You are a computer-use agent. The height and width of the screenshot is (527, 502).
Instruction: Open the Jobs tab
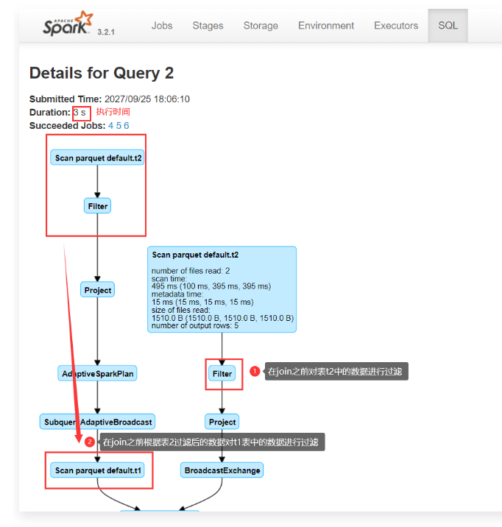[162, 26]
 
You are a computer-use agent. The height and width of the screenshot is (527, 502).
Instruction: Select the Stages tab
[208, 26]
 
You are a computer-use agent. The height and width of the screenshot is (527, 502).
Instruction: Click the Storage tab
[261, 26]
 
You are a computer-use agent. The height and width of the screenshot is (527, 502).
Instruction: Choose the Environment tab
[326, 26]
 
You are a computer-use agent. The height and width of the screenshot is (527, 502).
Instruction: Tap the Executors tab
[396, 26]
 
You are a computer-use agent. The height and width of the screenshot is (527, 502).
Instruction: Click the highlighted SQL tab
[448, 26]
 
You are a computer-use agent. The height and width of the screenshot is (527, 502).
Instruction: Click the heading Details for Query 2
[102, 73]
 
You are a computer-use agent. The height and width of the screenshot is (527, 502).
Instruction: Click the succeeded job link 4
[111, 126]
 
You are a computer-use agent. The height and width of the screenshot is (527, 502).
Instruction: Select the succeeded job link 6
[126, 126]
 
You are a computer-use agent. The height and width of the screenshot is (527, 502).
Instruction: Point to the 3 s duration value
[79, 113]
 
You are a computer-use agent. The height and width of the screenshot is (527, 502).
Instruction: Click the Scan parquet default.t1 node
[99, 470]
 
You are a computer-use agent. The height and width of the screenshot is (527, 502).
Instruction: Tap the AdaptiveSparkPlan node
[98, 373]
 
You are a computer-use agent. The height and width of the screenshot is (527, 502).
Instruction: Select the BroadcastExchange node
[222, 470]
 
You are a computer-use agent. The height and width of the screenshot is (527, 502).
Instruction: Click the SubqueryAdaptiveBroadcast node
[98, 422]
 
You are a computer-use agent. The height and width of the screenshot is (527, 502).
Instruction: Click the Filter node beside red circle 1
[222, 373]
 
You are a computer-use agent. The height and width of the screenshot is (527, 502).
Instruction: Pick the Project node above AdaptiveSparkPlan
[98, 290]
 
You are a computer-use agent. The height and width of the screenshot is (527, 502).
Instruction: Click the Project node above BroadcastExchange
[222, 422]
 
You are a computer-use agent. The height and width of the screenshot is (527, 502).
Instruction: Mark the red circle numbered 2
[90, 442]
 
